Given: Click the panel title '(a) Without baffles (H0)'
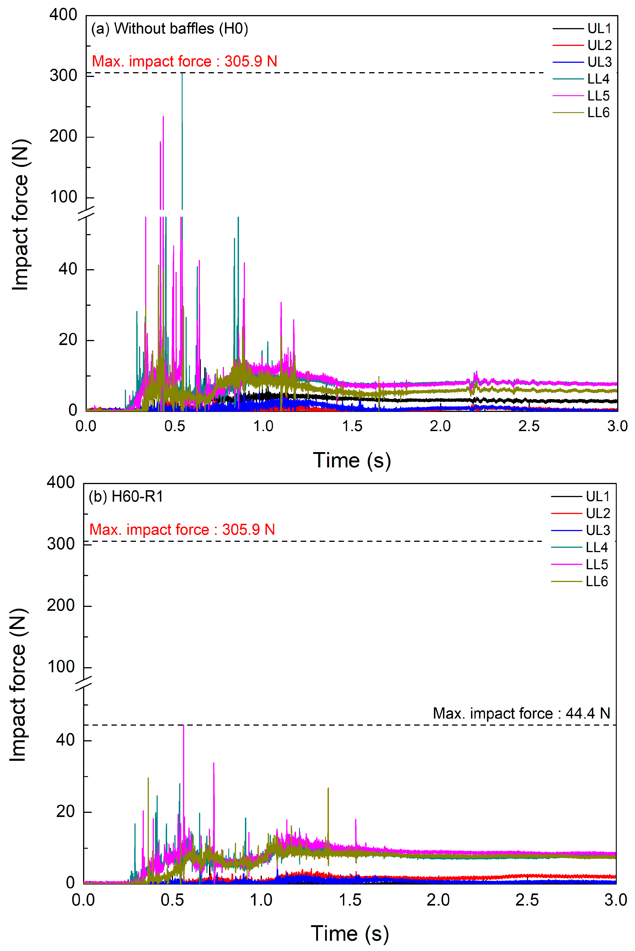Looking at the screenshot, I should (169, 29).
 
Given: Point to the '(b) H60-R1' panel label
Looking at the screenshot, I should (126, 497).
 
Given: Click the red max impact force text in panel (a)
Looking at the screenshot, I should (184, 62).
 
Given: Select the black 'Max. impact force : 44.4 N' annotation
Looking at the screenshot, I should (521, 713).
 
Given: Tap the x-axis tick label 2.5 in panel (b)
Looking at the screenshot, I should (527, 900).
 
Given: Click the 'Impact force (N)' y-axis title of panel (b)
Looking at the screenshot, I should (18, 685).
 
